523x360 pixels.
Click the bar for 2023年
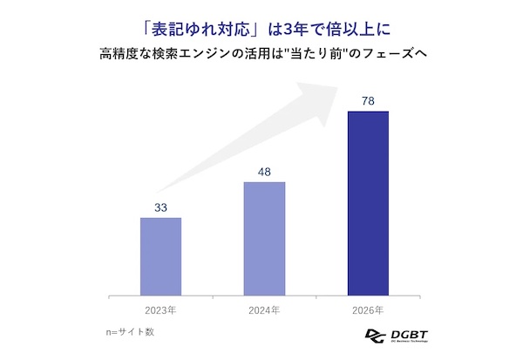(160, 255)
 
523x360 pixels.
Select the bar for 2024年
(264, 238)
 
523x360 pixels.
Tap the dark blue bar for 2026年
(368, 202)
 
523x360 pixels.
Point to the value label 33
(160, 207)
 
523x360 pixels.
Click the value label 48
(264, 172)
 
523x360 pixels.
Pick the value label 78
(368, 101)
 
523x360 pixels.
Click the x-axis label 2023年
(160, 309)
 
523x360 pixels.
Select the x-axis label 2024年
(264, 309)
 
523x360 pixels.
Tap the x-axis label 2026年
(368, 309)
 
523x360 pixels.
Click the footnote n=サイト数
(127, 332)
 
